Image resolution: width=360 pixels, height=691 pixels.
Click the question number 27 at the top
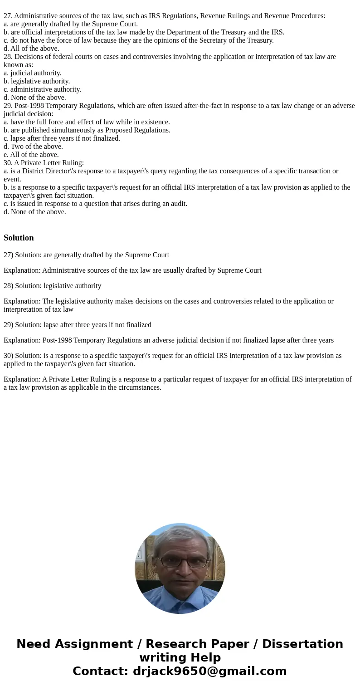point(8,16)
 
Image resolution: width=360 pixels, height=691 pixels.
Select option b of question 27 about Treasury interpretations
point(144,32)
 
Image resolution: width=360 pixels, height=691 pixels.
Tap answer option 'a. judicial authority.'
point(33,73)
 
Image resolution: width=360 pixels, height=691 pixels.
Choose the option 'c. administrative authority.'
point(42,89)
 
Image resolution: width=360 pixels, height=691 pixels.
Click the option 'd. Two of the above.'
point(33,147)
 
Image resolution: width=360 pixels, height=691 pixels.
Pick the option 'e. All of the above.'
point(31,155)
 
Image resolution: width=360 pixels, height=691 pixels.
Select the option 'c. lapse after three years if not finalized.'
point(62,138)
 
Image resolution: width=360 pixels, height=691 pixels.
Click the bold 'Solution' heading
point(19,238)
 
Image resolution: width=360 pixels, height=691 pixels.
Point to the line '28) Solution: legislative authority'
point(53,286)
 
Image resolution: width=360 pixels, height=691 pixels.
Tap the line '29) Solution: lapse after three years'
point(78,325)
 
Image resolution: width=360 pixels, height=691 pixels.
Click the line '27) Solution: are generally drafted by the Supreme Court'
point(86,255)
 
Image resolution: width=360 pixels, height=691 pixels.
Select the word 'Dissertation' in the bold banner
point(302,644)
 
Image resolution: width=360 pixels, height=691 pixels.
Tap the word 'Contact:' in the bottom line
point(100,671)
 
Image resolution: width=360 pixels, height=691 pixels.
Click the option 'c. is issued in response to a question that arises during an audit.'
point(95,204)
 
